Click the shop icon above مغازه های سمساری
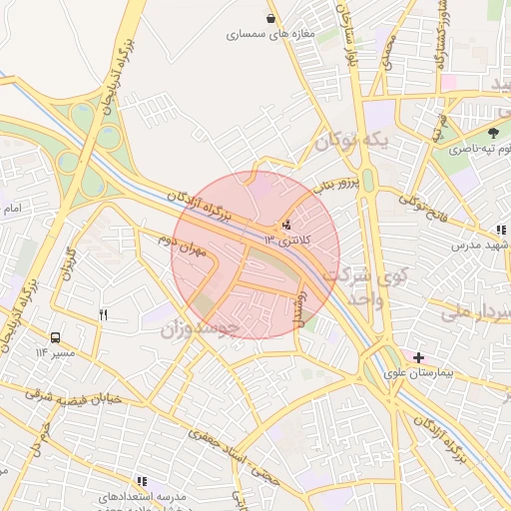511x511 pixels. click(270, 18)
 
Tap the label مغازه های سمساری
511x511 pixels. click(270, 34)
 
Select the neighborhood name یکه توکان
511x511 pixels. click(350, 145)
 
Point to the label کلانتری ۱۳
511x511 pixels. click(288, 241)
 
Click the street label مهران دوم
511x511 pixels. click(181, 245)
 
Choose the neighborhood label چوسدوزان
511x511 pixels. click(200, 326)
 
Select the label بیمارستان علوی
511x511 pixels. click(418, 374)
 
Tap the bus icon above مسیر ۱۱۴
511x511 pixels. click(55, 337)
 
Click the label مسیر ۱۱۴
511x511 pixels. click(55, 353)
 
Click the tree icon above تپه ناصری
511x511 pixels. click(493, 133)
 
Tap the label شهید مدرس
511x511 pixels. click(480, 245)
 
